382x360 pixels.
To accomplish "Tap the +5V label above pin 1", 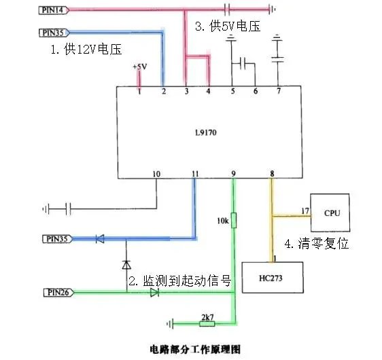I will pos(139,67).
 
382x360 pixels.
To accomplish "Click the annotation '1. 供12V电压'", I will pos(83,49).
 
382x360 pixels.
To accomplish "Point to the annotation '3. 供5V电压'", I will pos(228,26).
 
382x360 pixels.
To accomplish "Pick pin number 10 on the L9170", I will pos(156,174).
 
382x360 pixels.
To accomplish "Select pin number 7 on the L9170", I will pos(277,90).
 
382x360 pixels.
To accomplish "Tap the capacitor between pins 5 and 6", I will pos(243,65).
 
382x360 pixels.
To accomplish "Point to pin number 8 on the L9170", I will pos(272,174).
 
